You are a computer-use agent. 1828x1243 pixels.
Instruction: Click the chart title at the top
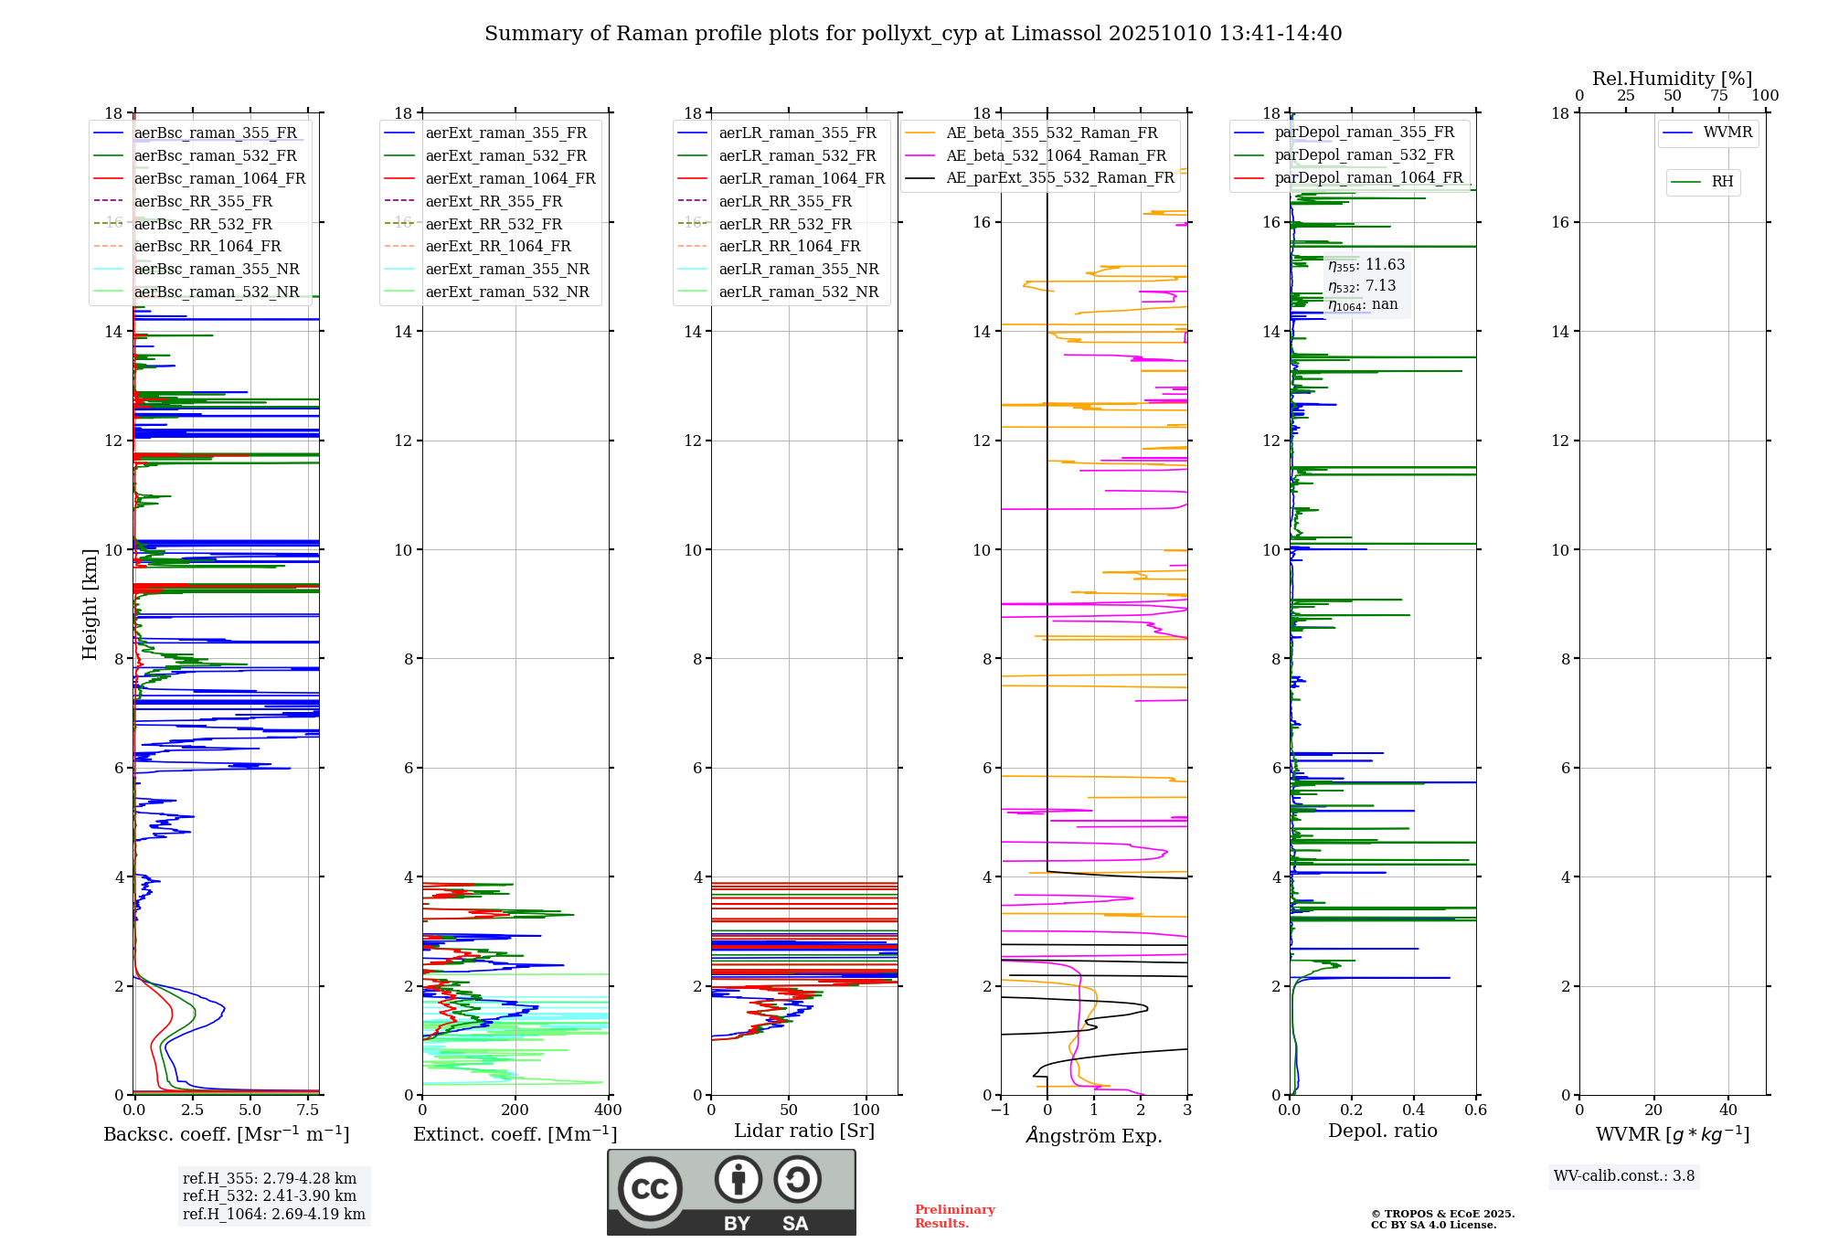tap(913, 34)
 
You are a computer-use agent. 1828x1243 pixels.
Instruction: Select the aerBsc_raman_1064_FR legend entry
tap(199, 178)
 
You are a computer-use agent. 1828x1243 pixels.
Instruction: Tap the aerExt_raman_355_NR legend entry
tap(487, 269)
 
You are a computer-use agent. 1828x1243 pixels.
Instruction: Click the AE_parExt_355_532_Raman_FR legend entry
tap(1040, 177)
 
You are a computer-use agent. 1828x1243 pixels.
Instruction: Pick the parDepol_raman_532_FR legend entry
tap(1344, 155)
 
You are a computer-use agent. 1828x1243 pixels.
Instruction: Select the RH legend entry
tap(1703, 182)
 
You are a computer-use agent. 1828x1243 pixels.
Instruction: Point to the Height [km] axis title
tap(90, 604)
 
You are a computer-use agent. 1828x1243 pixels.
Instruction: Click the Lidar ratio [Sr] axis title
tap(804, 1131)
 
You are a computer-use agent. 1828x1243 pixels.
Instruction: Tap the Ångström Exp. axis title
tap(1094, 1135)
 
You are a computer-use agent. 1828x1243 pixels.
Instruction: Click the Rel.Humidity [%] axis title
tap(1673, 79)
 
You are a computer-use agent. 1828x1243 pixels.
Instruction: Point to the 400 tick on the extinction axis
tap(609, 1110)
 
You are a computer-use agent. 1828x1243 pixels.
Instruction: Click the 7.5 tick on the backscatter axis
tap(308, 1110)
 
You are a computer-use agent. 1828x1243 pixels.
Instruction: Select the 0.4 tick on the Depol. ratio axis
tap(1414, 1110)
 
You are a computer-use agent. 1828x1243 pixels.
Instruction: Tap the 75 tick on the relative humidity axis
tap(1719, 95)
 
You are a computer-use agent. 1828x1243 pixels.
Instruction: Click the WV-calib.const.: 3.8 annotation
tap(1624, 1176)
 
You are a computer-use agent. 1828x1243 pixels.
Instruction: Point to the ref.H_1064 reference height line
tap(274, 1215)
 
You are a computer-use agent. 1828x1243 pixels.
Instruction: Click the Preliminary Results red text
tap(955, 1216)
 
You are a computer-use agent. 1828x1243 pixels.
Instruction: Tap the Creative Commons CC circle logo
tap(650, 1189)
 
